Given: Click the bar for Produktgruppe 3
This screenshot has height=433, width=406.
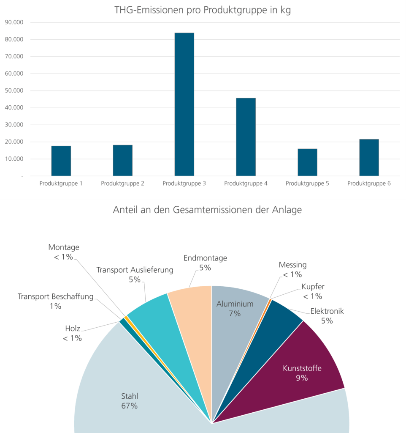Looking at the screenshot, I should pos(184,104).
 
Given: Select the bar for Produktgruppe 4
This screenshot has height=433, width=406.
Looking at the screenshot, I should pos(246,137).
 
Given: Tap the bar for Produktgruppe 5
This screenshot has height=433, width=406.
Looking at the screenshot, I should pos(307,162).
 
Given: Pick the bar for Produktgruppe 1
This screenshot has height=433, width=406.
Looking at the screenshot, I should pos(61,161).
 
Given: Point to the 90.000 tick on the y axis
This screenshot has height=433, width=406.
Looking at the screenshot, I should pos(14,22).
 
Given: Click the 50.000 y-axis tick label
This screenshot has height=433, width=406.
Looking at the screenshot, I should pos(14,90).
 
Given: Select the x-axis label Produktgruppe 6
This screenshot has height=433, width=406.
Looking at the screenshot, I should pos(369,184).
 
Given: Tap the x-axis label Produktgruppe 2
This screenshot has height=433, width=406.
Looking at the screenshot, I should pos(122,184).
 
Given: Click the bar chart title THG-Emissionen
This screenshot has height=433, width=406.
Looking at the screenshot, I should pos(203,11).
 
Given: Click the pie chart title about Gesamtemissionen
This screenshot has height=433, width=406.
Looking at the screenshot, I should pos(207,210).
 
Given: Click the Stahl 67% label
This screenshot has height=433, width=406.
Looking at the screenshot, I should pos(130,401).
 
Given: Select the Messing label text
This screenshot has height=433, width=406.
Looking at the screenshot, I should pos(292,265).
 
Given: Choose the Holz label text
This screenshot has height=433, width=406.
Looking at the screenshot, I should pos(73,329).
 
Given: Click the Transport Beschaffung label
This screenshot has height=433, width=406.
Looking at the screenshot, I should pos(55,296).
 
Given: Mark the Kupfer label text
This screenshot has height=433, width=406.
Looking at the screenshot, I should pos(311,287).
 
